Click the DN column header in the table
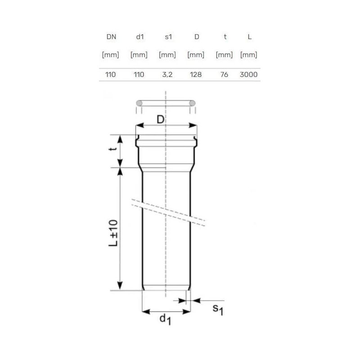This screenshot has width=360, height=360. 111,37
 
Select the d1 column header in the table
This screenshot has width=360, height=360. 139,37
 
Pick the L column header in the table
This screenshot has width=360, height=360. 249,37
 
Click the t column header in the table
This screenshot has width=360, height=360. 225,37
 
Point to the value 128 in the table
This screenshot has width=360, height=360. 196,75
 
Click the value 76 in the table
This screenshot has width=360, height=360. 225,75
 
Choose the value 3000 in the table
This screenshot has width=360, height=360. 249,75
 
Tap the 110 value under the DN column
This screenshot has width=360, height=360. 111,75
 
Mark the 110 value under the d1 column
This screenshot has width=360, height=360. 139,75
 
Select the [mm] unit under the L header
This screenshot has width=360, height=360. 249,55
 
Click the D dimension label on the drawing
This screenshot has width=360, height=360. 160,119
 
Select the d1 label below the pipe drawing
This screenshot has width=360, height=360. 165,320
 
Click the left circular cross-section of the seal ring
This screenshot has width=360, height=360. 139,103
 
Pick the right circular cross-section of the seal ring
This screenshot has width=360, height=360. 192,103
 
